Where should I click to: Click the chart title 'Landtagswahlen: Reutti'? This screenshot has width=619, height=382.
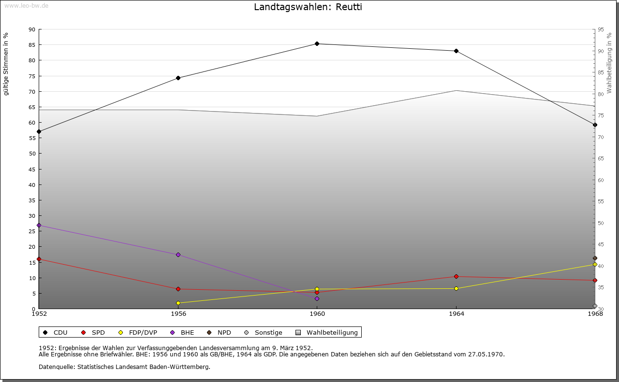point(308,7)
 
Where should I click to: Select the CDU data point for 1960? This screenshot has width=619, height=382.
point(317,44)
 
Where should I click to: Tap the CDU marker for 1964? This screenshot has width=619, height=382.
point(456,51)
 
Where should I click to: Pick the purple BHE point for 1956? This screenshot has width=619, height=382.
point(178,255)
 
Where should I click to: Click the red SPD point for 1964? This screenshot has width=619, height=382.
point(456,277)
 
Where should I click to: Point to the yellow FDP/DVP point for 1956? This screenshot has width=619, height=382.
point(178,303)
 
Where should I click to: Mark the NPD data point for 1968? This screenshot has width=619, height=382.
point(595,258)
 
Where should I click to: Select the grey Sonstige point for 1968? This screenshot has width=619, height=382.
point(595,306)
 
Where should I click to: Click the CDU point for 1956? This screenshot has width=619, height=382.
point(178,78)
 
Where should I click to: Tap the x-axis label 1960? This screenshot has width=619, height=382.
point(317,314)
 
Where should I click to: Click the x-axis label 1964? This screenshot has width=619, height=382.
point(456,314)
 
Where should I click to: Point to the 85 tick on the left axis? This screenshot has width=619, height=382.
point(31,45)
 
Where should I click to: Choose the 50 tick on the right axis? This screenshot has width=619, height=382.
point(600,223)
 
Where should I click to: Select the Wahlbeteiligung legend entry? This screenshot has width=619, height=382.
point(332,333)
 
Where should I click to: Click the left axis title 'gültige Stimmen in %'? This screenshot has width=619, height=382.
point(6,64)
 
